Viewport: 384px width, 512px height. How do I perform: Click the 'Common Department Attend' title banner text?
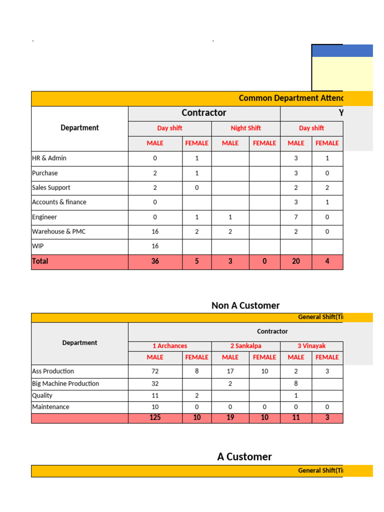pos(290,98)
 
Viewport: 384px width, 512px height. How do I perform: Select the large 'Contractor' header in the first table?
pos(204,113)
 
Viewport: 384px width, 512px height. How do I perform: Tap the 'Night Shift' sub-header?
pos(245,128)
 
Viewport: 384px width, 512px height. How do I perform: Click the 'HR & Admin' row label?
pos(49,158)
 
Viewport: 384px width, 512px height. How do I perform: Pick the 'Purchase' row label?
pos(45,173)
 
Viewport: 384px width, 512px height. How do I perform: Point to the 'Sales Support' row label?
pos(51,187)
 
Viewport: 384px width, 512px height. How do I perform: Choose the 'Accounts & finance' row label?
pos(59,202)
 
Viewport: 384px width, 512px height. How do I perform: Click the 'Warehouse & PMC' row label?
pos(58,231)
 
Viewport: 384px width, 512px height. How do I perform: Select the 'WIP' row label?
pos(38,246)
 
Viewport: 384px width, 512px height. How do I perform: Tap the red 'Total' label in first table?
pos(40,261)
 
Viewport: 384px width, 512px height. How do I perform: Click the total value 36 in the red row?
pos(155,261)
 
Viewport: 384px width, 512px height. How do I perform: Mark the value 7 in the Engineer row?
pos(296,217)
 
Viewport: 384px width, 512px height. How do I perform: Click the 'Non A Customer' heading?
pos(245,305)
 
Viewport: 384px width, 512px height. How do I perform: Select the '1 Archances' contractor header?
pos(170,346)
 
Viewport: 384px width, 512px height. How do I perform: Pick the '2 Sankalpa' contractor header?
pos(245,346)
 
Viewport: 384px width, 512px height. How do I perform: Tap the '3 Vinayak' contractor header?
pos(311,346)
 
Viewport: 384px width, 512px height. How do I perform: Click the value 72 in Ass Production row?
pos(155,371)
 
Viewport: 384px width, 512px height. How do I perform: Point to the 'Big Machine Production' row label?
pos(65,383)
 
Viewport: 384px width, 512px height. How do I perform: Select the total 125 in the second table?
pos(155,417)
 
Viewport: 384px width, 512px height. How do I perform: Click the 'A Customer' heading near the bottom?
pos(244,456)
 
